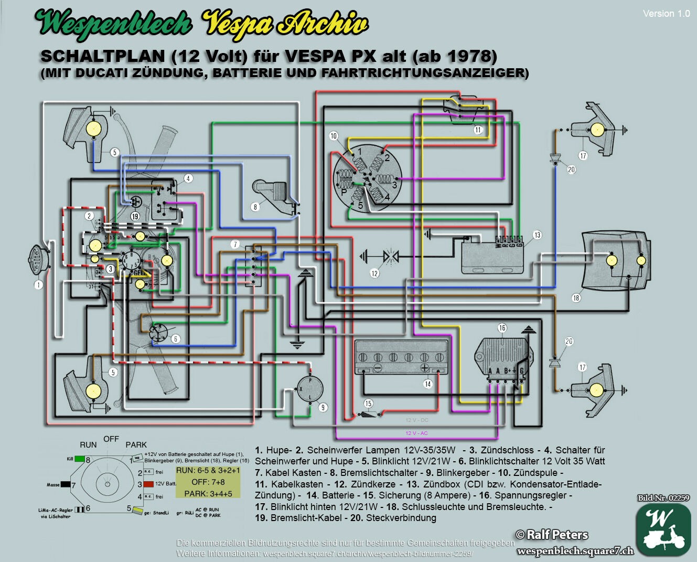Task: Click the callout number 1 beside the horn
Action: click(x=38, y=285)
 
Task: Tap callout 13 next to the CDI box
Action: click(x=537, y=235)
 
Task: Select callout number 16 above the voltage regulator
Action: click(x=502, y=328)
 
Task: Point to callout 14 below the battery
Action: click(x=427, y=384)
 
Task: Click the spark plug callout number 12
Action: click(x=374, y=273)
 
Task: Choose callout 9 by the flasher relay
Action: click(x=323, y=407)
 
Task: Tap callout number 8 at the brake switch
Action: click(x=255, y=207)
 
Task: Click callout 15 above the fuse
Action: click(x=368, y=404)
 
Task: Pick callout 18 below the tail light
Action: click(x=576, y=298)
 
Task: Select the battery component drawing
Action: click(x=401, y=357)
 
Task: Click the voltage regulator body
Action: click(x=500, y=354)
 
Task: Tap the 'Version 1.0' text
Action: click(x=666, y=14)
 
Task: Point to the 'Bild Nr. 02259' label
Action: click(x=663, y=498)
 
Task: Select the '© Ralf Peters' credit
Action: click(x=552, y=535)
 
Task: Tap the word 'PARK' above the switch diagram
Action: click(x=136, y=444)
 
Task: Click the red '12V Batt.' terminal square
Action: click(x=148, y=484)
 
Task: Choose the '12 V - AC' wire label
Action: click(x=416, y=433)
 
